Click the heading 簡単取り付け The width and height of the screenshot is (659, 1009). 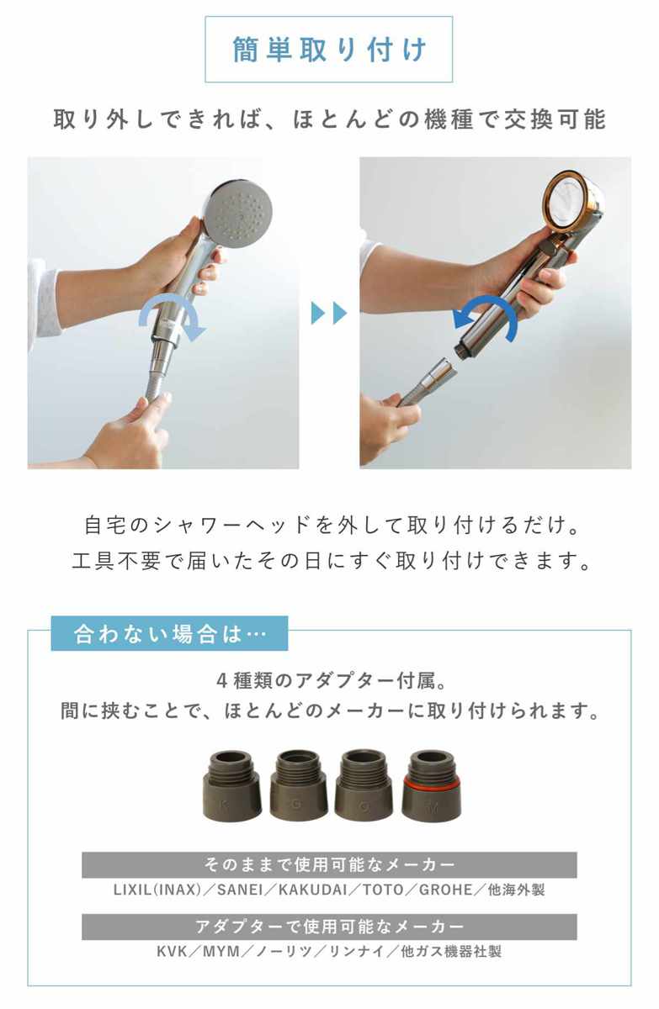coord(329,49)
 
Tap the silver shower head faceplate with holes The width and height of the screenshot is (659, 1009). coord(239,214)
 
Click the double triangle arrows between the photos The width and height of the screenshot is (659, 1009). coord(328,313)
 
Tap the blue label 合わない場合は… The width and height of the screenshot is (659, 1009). coord(169,633)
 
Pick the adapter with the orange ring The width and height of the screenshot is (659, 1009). coord(432,785)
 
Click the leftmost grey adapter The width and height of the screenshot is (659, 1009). coord(232,785)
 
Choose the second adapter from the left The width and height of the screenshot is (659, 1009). coord(299,785)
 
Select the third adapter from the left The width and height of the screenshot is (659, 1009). coord(364,785)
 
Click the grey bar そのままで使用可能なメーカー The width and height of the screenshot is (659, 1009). coord(329,864)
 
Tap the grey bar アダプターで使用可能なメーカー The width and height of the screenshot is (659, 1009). coord(329,927)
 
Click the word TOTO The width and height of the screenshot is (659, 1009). coord(383,890)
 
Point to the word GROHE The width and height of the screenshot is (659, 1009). coord(446,890)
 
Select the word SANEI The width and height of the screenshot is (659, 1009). coord(240,890)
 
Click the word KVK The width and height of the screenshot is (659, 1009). coord(172,952)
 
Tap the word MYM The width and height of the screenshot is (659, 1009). coord(221,952)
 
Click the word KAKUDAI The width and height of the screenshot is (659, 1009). coord(313,890)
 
